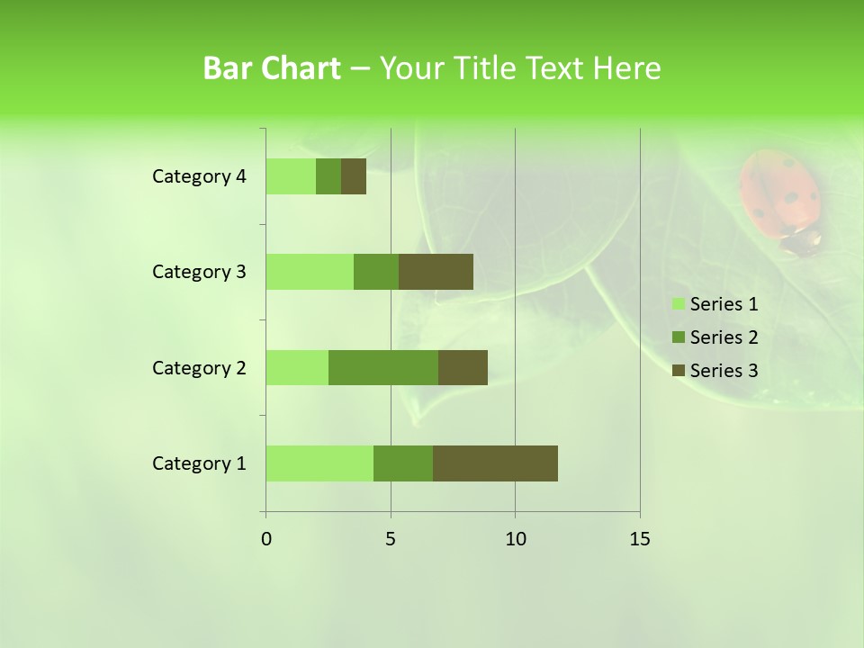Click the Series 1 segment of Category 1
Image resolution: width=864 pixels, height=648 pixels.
pos(319,463)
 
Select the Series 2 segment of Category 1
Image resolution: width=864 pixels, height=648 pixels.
pos(403,463)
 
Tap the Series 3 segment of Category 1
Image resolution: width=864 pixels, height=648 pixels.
pos(495,463)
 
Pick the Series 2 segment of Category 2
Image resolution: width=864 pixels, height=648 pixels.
pos(383,367)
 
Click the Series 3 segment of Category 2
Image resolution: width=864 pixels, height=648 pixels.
pos(463,367)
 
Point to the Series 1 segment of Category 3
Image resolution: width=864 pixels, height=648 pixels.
pos(310,272)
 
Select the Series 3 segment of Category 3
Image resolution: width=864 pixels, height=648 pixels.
pos(436,272)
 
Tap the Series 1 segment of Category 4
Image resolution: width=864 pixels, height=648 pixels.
pos(291,176)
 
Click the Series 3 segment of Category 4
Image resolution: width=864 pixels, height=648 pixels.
pos(354,176)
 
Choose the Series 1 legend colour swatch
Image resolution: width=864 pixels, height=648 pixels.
pos(678,304)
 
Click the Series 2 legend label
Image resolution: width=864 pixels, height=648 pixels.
pos(724,337)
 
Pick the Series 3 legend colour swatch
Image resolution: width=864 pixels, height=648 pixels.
pos(678,371)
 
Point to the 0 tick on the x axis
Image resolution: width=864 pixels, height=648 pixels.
pos(266,539)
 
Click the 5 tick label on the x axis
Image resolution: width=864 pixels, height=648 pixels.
pos(391,539)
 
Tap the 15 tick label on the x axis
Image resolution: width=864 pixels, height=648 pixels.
pos(639,539)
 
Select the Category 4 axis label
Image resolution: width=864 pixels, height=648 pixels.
pos(199,176)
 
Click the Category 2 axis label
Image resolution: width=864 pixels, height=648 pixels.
pos(199,367)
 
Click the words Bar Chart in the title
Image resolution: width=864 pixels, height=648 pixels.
pos(272,68)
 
